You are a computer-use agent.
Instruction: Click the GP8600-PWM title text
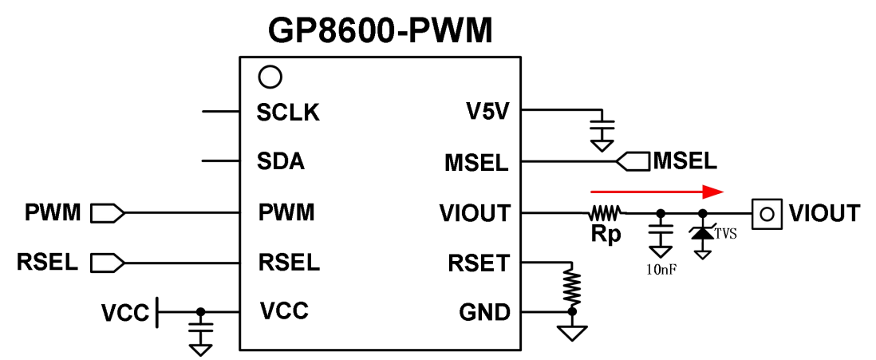point(381,30)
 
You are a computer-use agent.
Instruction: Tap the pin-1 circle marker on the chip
point(270,77)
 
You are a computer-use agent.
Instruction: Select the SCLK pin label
point(288,113)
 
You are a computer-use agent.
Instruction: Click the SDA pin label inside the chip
point(281,162)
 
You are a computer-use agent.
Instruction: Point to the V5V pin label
point(487,113)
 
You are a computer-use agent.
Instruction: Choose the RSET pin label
point(478,263)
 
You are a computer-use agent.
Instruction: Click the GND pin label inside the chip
point(484,312)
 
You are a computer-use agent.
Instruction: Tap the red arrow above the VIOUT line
point(656,192)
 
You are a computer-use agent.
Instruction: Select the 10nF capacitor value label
point(661,270)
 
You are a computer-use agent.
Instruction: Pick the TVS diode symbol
point(703,234)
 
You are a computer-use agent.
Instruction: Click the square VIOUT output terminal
point(767,214)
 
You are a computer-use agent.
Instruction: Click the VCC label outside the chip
point(124,313)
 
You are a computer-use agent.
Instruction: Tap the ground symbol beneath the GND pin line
point(572,331)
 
